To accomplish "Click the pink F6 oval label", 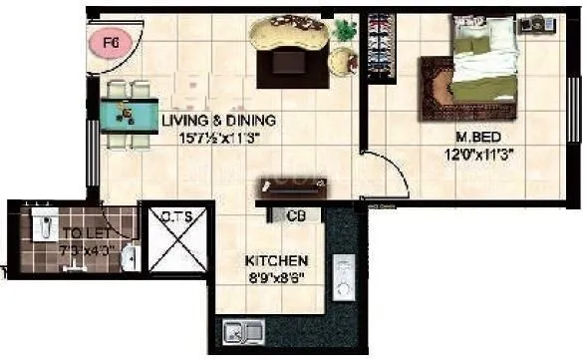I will pos(111,42).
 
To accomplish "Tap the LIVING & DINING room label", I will pos(218,121).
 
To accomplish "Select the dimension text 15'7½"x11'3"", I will pos(218,139).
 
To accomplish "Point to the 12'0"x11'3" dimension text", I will pos(471,155).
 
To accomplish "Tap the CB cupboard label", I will pos(295,215).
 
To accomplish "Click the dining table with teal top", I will pos(127,112).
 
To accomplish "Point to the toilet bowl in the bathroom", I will pos(40,227).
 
